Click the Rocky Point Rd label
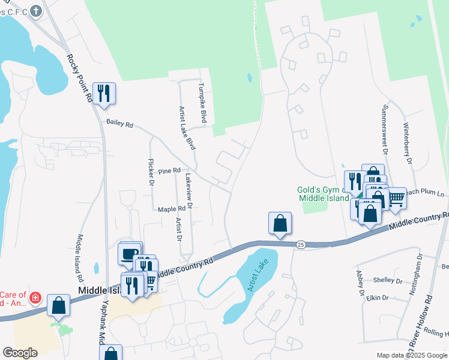(x=79, y=77)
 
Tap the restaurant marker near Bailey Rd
(x=104, y=94)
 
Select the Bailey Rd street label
(x=119, y=123)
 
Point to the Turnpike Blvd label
(x=203, y=103)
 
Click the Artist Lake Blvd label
(x=188, y=128)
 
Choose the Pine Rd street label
(x=169, y=171)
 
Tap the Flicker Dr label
(x=151, y=173)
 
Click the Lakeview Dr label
(x=188, y=191)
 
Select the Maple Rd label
(x=172, y=209)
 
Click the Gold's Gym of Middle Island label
(x=322, y=194)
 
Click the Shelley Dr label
(x=387, y=280)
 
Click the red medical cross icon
(x=35, y=297)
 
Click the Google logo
(x=20, y=353)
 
